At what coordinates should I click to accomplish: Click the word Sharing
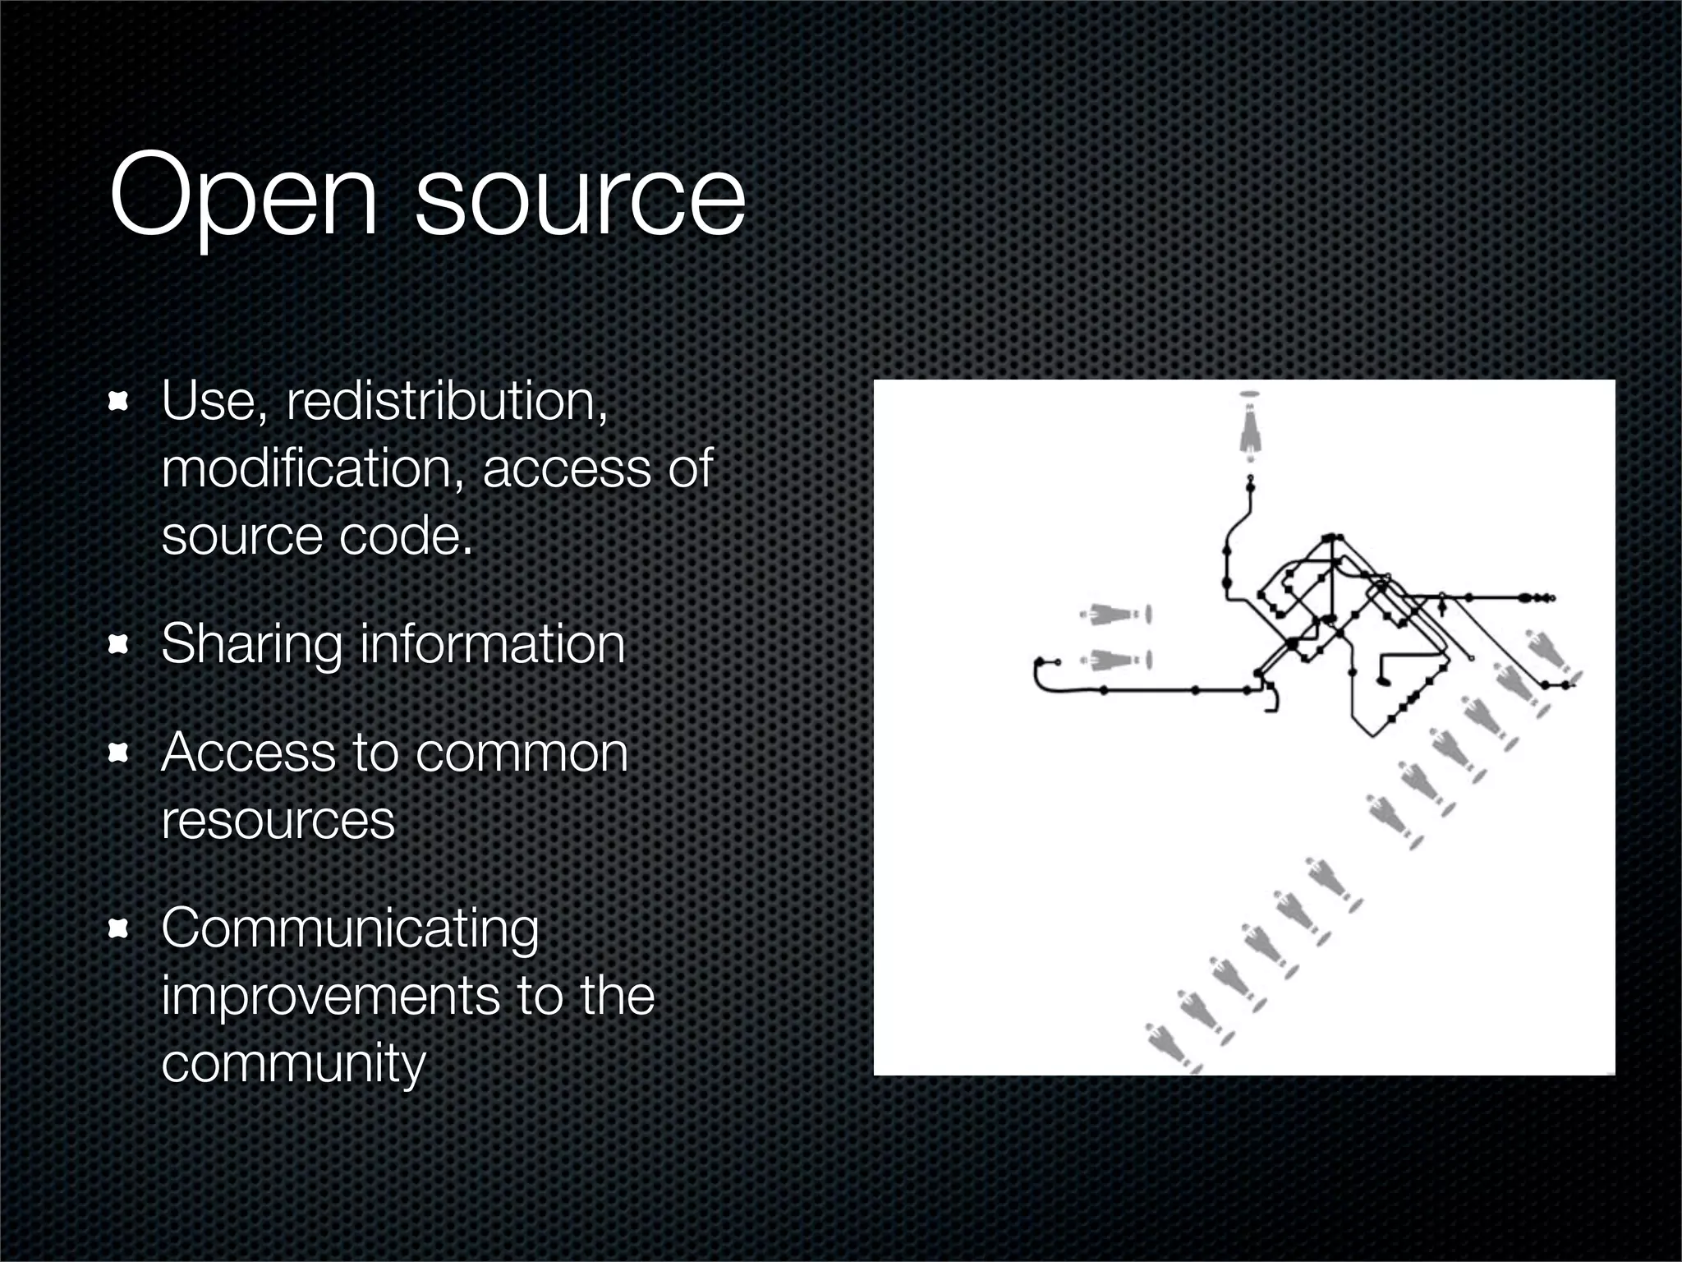251,645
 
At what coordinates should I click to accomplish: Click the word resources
278,820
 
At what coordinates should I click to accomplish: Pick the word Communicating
350,929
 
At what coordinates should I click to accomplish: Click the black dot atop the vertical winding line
1251,486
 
